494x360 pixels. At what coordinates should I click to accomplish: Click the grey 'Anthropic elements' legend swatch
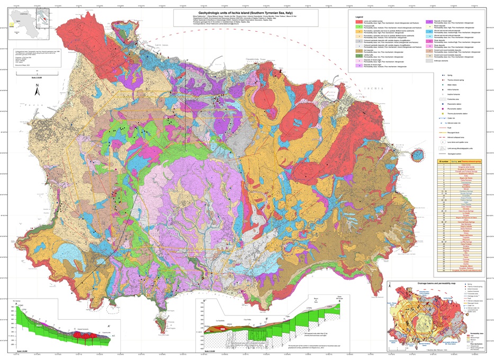pos(429,60)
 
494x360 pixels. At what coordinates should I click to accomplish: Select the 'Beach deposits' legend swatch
pos(429,26)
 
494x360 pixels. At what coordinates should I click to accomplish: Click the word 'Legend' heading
pos(360,17)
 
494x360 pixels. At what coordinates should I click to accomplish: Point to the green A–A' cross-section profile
pos(64,328)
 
